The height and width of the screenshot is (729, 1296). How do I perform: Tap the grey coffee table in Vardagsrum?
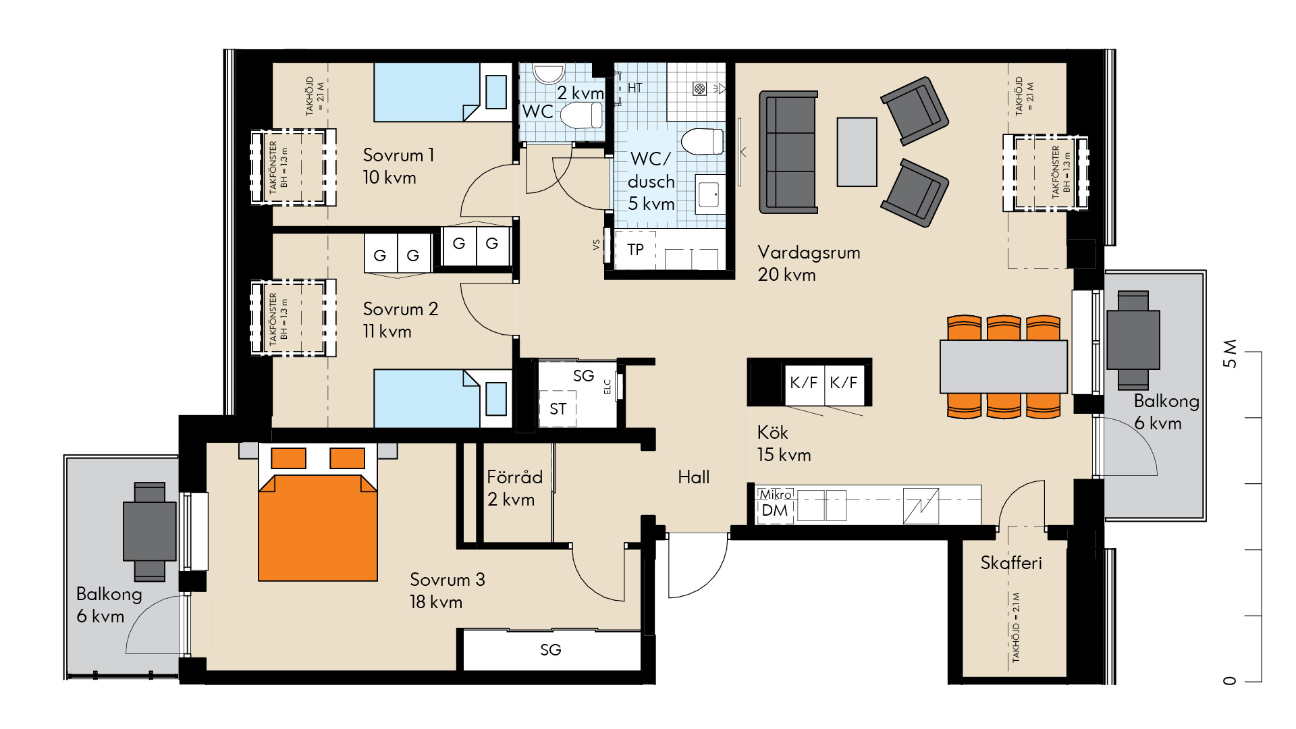[857, 152]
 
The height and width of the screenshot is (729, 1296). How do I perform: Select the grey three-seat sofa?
[788, 152]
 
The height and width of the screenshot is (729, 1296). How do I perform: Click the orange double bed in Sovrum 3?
[318, 512]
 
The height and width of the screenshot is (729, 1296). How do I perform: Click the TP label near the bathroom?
[635, 250]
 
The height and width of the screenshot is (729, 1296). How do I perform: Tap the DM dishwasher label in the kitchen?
[775, 511]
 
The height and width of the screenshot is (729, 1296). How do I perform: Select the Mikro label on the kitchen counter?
[776, 495]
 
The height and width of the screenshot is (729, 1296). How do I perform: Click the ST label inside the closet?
[558, 409]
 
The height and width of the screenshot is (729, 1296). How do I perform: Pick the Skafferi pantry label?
[1011, 563]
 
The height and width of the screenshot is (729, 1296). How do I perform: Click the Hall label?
[694, 477]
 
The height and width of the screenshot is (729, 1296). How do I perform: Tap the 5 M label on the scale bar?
[1230, 354]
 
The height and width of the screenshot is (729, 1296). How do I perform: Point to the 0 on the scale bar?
[1230, 680]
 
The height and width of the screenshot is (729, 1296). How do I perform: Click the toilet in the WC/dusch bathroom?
[703, 142]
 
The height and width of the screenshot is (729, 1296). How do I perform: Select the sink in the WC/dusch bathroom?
[709, 194]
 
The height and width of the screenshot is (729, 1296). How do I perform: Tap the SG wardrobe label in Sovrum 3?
[551, 650]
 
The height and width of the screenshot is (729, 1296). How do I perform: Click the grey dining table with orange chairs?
[1004, 367]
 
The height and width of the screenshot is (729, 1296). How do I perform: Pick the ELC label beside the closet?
[607, 387]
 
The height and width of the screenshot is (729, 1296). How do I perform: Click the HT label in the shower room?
[634, 88]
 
